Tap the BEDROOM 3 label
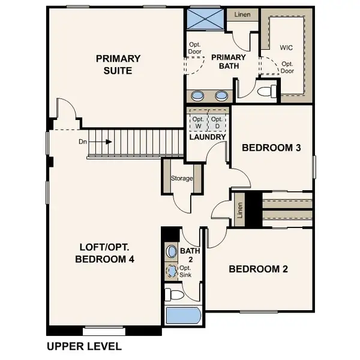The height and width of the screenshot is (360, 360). tap(271, 147)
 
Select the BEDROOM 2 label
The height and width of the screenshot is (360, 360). tap(258, 269)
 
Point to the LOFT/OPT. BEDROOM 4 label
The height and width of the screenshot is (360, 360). tap(105, 253)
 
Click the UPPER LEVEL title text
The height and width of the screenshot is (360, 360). tap(84, 346)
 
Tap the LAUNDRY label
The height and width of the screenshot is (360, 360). tap(207, 137)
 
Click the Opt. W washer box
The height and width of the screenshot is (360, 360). tap(197, 122)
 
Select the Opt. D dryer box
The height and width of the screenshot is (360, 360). tap(217, 122)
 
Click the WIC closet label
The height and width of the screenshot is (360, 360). tap(287, 47)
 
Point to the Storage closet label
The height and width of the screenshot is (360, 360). tap(182, 178)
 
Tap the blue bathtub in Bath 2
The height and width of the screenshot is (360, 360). tap(182, 316)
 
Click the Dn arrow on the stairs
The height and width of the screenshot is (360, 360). tap(101, 142)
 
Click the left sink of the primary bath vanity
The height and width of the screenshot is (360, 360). tap(198, 95)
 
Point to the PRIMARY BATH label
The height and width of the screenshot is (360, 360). tap(226, 62)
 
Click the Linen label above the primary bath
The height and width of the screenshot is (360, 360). tap(242, 14)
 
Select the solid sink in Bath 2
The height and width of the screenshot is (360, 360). tap(172, 251)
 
